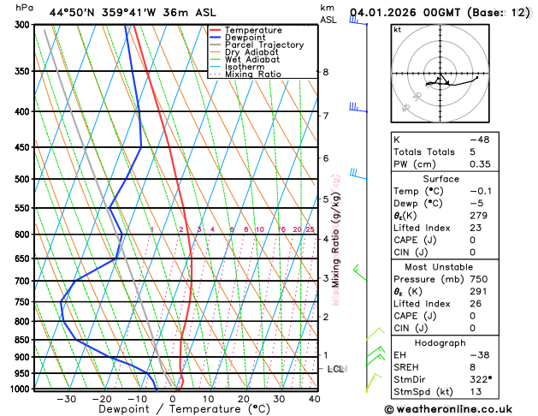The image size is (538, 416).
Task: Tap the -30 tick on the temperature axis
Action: point(67,399)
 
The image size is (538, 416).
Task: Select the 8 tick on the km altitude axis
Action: point(325,72)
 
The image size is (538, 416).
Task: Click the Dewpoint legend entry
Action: point(245,38)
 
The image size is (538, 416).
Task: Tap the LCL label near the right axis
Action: point(335,369)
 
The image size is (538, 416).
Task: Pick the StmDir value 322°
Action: point(484,378)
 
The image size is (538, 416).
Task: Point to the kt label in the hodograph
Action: point(397,30)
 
